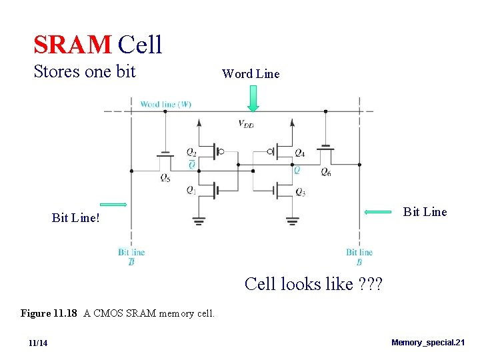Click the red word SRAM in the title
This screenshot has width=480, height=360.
[72, 45]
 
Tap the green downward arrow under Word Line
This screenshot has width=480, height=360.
[253, 99]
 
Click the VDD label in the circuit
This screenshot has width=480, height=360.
[246, 123]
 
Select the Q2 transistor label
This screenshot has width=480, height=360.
[191, 152]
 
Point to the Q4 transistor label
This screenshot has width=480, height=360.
[299, 153]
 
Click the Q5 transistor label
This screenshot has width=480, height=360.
[164, 177]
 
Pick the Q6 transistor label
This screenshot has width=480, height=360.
[325, 173]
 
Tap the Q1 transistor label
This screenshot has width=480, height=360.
[191, 190]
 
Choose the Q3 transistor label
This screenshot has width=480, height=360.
[300, 193]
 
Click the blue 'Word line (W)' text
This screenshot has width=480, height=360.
[166, 104]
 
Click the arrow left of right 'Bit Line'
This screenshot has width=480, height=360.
[378, 212]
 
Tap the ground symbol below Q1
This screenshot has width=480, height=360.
[199, 221]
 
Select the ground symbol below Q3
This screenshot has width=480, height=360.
[293, 221]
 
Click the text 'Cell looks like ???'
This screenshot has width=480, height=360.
[313, 284]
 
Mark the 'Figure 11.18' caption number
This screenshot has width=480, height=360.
[50, 313]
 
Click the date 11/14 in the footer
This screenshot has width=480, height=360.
[38, 343]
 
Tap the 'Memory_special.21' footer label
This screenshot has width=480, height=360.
[427, 343]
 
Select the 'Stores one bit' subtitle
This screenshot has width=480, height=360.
[85, 71]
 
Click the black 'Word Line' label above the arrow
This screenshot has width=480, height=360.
[251, 74]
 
